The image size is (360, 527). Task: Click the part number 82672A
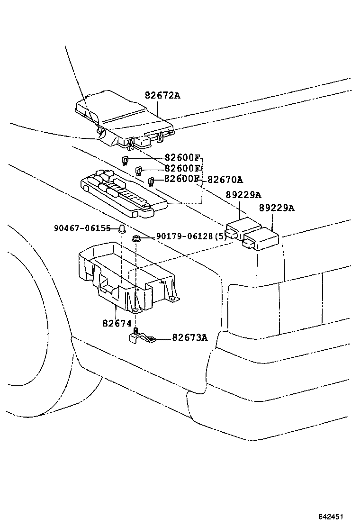pos(162,96)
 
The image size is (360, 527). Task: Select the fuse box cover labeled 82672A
pos(123,116)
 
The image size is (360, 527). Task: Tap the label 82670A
pos(225,180)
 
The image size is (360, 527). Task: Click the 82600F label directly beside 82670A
pos(182,179)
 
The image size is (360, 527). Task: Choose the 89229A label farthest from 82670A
pos(277,208)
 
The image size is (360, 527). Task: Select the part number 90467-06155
pos(82,228)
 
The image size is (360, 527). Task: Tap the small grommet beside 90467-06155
pos(122,229)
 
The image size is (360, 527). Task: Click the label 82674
pos(116,324)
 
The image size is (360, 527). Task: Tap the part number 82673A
pos(189,337)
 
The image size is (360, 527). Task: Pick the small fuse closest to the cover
pos(126,160)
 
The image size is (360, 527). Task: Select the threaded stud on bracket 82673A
pos(136,330)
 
